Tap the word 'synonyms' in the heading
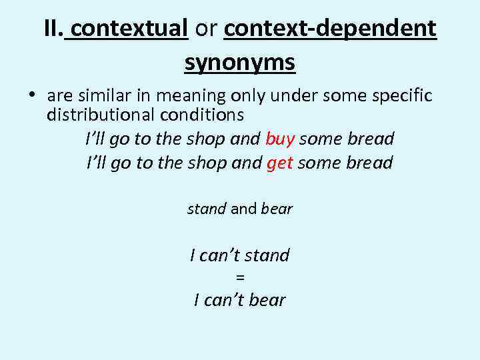coord(240,63)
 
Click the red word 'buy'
coord(280,139)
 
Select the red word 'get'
coord(279,163)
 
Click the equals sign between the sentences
coord(240,277)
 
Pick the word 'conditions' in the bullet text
coord(201,115)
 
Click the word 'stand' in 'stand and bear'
coord(207,209)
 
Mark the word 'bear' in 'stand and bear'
coord(277,209)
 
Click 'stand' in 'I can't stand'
coord(267,255)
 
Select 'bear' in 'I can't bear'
coord(267,300)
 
